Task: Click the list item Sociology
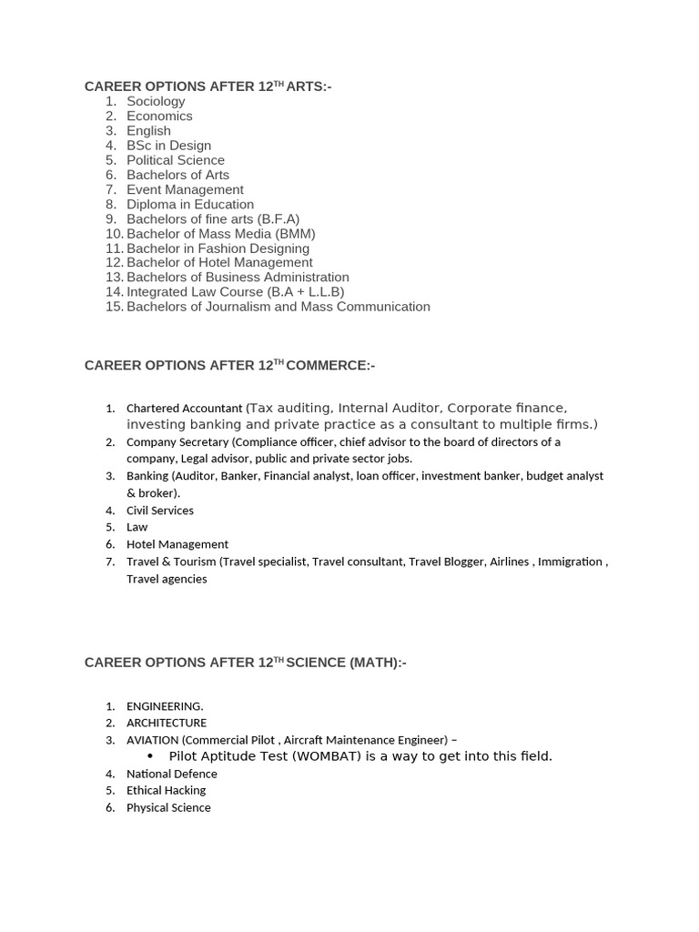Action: (x=156, y=101)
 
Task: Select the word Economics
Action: (x=159, y=116)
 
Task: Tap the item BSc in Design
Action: (x=168, y=146)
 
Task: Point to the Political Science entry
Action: (x=175, y=160)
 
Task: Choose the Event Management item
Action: (x=185, y=189)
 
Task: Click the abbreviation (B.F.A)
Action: (x=279, y=219)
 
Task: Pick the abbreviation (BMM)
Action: (x=295, y=234)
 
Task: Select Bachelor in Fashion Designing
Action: (x=218, y=248)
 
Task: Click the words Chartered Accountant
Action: (x=184, y=409)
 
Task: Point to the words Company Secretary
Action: (x=177, y=442)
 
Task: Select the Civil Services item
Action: (x=159, y=511)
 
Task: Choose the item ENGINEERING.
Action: (x=165, y=706)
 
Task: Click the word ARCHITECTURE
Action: (x=166, y=723)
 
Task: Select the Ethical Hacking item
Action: (x=166, y=790)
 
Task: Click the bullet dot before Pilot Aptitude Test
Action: (x=150, y=756)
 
